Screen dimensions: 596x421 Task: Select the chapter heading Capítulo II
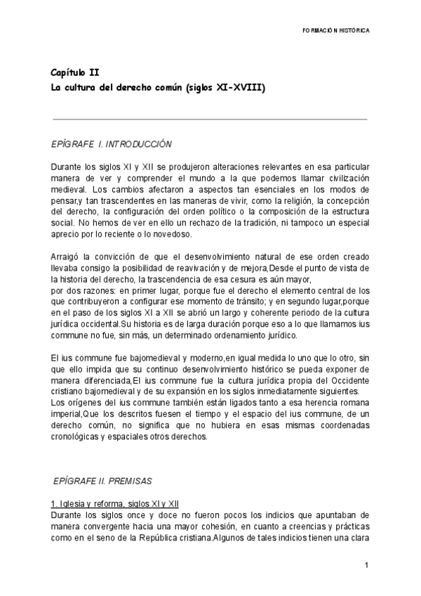tap(74, 73)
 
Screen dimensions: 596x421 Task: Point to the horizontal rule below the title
tap(209, 119)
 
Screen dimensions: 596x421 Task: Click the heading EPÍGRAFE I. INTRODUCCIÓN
tap(111, 144)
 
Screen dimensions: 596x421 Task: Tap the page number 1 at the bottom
tap(366, 565)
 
